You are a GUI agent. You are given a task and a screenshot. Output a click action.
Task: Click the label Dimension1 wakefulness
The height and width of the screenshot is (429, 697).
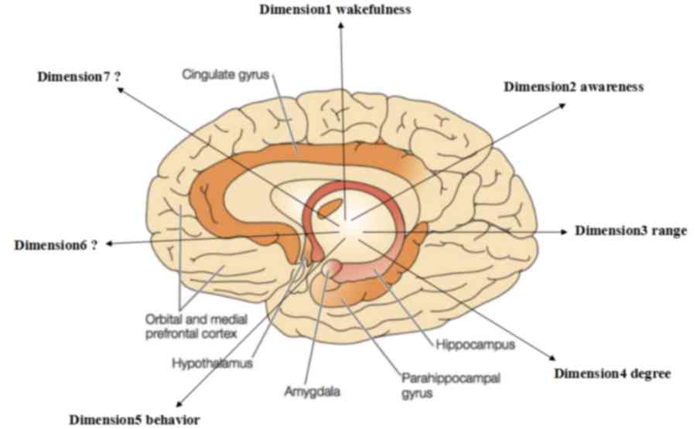point(336,9)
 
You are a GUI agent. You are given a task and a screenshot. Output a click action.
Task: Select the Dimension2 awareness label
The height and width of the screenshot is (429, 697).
point(573,87)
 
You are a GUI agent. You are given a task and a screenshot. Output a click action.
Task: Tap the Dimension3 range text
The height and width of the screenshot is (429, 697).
point(630,230)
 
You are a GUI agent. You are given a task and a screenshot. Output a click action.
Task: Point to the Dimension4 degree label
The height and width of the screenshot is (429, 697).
point(612,373)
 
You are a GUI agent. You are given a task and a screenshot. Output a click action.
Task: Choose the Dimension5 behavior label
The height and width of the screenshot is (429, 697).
point(135,420)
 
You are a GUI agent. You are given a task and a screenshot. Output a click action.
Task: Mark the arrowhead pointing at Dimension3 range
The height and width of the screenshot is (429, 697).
point(567,231)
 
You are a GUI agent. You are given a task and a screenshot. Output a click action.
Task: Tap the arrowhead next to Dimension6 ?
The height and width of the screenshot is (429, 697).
point(109,243)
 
